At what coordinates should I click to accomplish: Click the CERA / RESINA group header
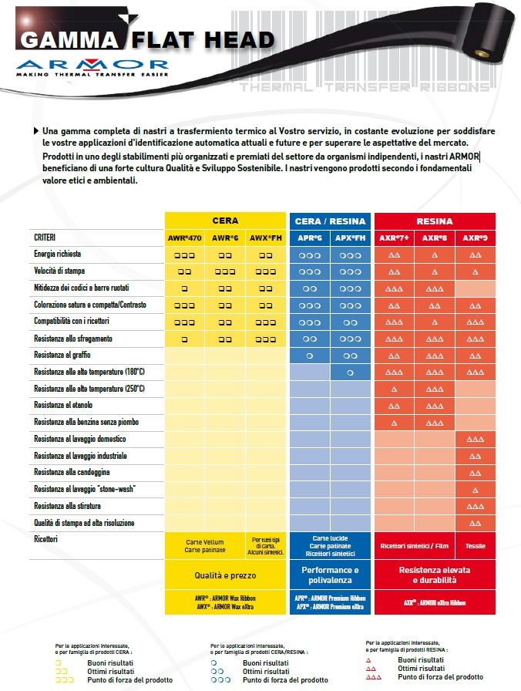pyautogui.click(x=331, y=221)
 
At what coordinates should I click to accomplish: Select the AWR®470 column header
pyautogui.click(x=185, y=238)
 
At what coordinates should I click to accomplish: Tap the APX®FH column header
pyautogui.click(x=350, y=238)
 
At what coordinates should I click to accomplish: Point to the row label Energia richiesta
pyautogui.click(x=58, y=254)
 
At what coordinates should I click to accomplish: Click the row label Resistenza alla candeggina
pyautogui.click(x=72, y=472)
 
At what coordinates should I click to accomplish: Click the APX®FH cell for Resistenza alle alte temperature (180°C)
pyautogui.click(x=350, y=372)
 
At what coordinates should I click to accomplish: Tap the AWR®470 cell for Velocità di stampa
pyautogui.click(x=185, y=271)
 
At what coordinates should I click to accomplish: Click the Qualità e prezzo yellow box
pyautogui.click(x=226, y=575)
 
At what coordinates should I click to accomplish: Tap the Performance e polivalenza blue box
pyautogui.click(x=330, y=575)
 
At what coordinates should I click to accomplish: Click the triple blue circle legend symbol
pyautogui.click(x=220, y=680)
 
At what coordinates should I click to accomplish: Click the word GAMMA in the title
pyautogui.click(x=69, y=40)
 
